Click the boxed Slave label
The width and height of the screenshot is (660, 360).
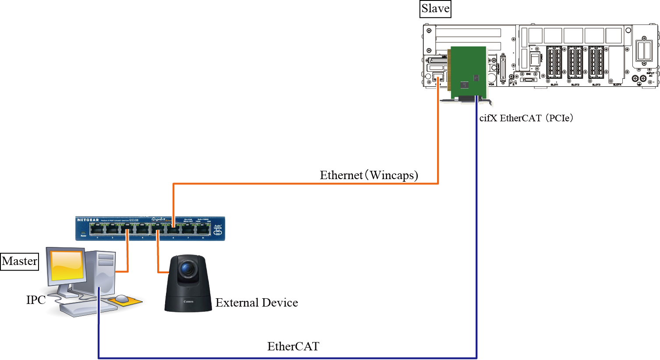tap(435, 9)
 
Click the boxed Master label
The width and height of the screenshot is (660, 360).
tap(20, 261)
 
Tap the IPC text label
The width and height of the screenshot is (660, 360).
tap(36, 300)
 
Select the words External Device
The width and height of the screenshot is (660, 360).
tap(257, 303)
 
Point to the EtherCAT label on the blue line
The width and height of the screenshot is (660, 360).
tap(293, 346)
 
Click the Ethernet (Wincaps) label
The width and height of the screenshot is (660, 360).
tap(369, 175)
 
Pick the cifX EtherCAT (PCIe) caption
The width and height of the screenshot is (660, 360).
tap(526, 118)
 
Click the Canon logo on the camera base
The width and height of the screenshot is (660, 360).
tap(188, 302)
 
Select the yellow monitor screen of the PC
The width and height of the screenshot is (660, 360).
tap(67, 266)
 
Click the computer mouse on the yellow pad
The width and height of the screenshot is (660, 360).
tap(122, 299)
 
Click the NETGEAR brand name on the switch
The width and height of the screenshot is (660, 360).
tap(88, 220)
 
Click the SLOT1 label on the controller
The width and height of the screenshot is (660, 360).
tap(554, 85)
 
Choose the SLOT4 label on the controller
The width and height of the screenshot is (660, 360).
tap(617, 85)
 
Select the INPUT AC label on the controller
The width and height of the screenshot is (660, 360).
tap(650, 74)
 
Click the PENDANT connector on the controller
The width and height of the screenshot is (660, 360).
tap(502, 67)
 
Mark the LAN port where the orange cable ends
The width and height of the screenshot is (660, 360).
tap(438, 78)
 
